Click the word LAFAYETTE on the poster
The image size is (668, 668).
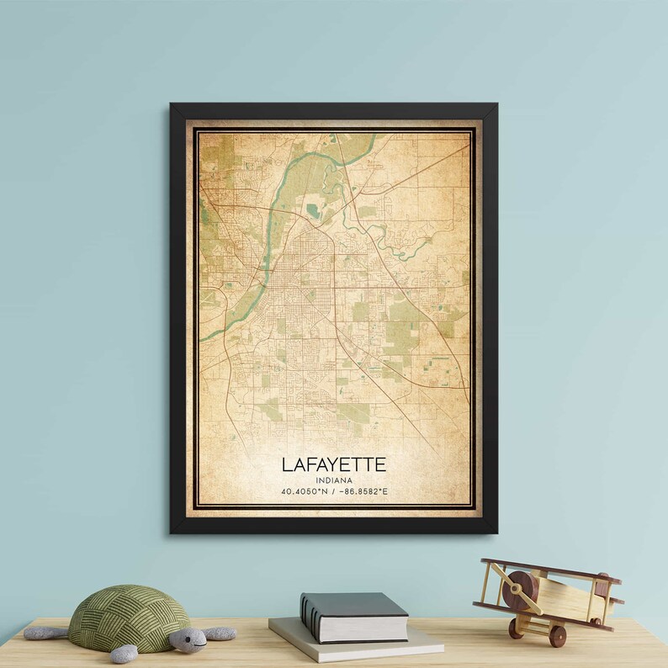pyautogui.click(x=334, y=464)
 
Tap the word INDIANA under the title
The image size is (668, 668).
pyautogui.click(x=334, y=480)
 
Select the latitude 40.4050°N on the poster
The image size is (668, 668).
pyautogui.click(x=305, y=491)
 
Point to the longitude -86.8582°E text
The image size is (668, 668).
pyautogui.click(x=365, y=491)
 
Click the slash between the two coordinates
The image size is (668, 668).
pyautogui.click(x=334, y=491)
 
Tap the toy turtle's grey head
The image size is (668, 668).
pyautogui.click(x=188, y=640)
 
